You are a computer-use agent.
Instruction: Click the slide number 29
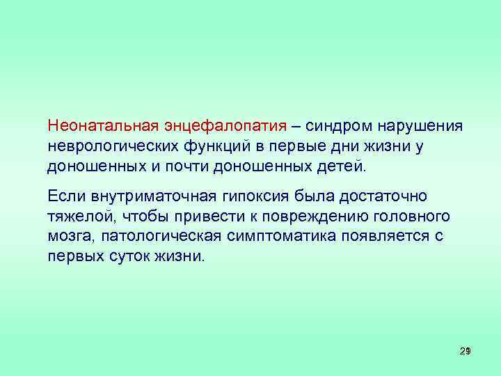466,352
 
